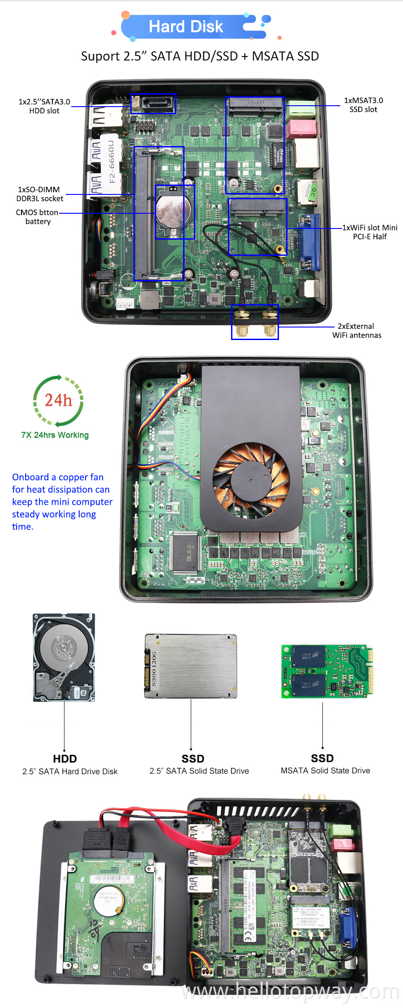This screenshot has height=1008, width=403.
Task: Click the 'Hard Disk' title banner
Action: point(186,26)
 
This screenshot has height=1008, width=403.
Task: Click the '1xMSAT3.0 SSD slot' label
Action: point(363,105)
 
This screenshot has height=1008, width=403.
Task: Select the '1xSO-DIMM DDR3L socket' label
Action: point(39,194)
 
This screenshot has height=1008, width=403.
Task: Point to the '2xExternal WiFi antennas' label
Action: point(356,331)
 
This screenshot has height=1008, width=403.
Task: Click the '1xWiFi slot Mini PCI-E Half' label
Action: point(369,232)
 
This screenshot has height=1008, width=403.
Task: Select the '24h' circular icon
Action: point(58,400)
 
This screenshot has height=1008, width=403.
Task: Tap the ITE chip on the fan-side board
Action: point(185,553)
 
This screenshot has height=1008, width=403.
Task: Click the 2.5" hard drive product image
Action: point(64,657)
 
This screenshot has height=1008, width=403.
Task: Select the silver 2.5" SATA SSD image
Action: point(191,666)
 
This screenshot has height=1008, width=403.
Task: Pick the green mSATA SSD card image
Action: point(327,671)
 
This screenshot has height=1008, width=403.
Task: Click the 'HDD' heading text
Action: point(65,758)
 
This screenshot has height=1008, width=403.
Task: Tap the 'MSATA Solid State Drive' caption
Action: point(325,771)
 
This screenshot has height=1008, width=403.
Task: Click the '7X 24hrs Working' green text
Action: point(55,435)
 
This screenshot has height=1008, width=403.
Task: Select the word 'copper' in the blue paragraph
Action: point(75,477)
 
